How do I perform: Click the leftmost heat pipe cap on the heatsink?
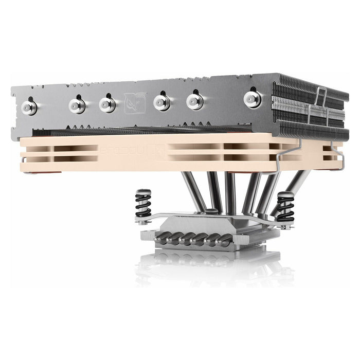coord(29,106)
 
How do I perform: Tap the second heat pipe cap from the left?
coord(77,105)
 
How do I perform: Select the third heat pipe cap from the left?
coord(107,104)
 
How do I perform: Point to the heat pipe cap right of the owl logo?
coord(162,102)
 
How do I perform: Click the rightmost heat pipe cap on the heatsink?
coord(253,98)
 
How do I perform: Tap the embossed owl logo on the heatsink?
coord(135,103)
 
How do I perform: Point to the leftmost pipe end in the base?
coord(164,236)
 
